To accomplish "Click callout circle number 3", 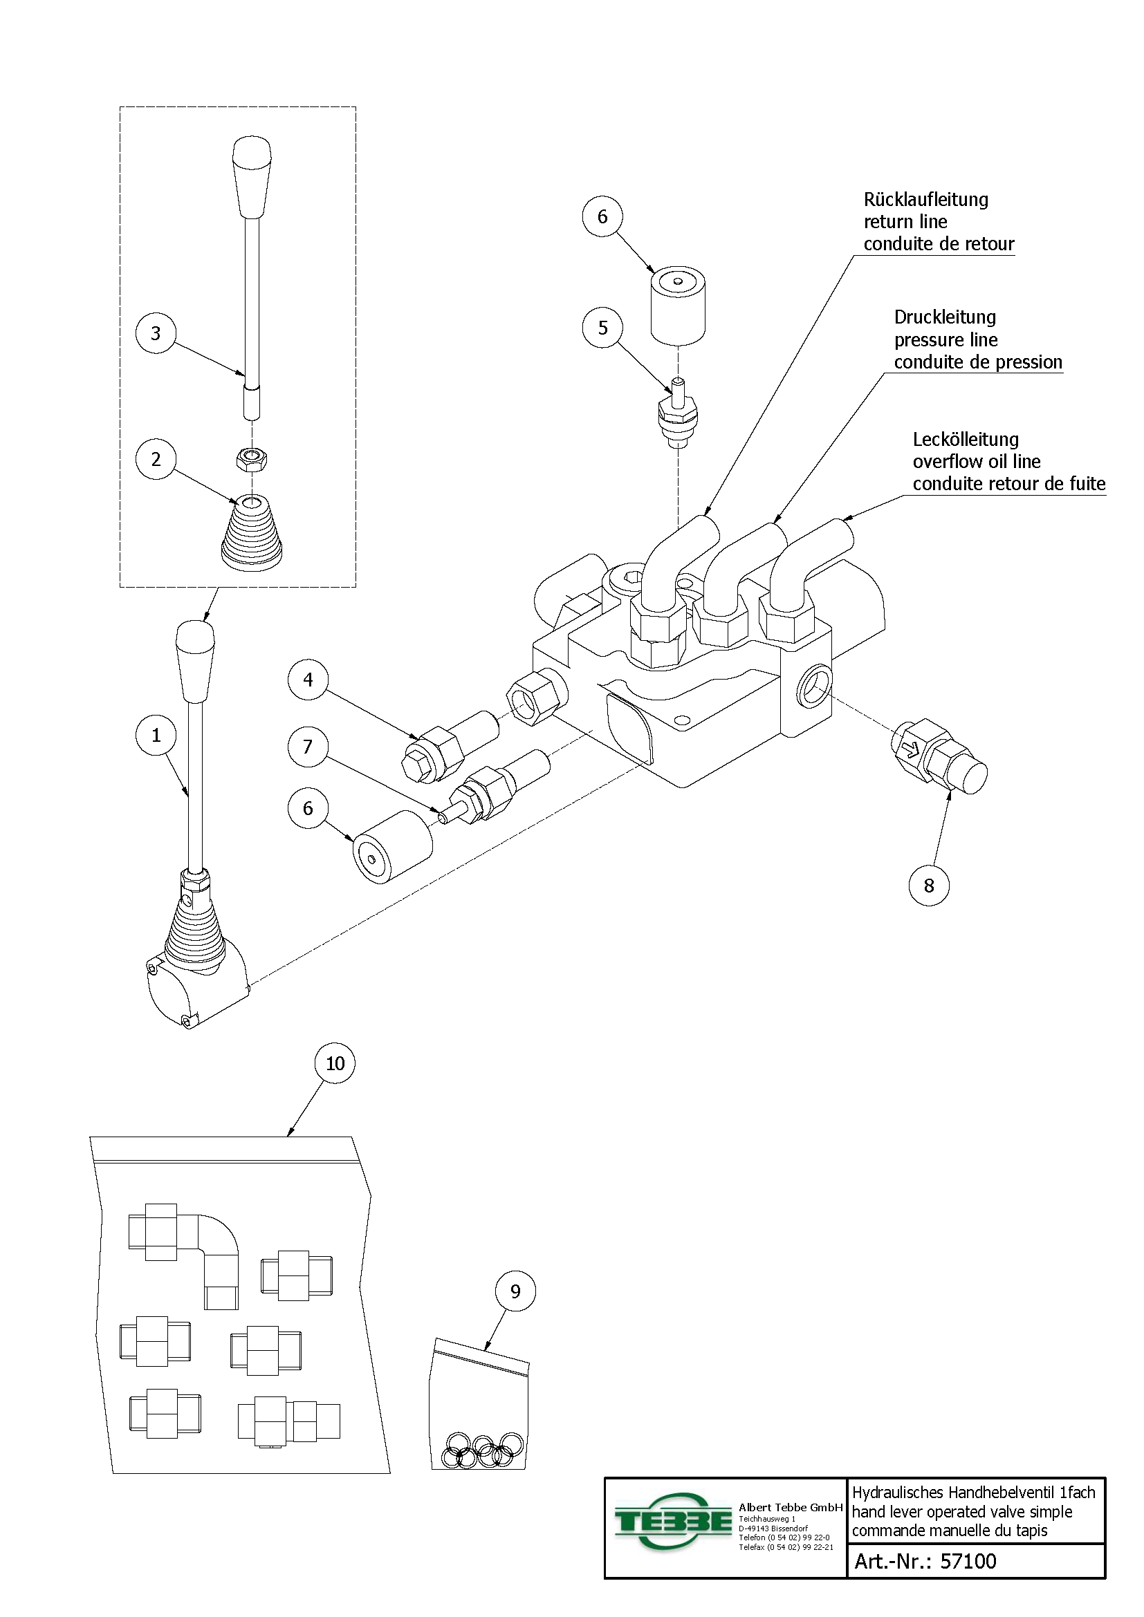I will click(156, 333).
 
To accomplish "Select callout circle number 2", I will click(156, 459).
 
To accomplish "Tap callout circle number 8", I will click(928, 886).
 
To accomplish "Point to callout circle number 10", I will click(335, 1063).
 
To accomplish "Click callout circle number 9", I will click(515, 1291).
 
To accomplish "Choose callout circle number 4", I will click(308, 680).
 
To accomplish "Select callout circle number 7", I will click(308, 747).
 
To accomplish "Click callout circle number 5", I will click(602, 328).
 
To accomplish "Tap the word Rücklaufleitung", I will click(925, 200).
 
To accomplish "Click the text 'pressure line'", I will click(945, 340).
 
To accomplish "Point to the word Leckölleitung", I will click(965, 440).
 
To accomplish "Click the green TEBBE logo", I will click(674, 1522).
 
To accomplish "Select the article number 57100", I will click(968, 1562).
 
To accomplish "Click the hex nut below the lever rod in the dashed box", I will click(251, 460).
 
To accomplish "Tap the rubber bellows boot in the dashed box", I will click(252, 535).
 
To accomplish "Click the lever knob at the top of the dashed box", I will click(252, 176).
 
